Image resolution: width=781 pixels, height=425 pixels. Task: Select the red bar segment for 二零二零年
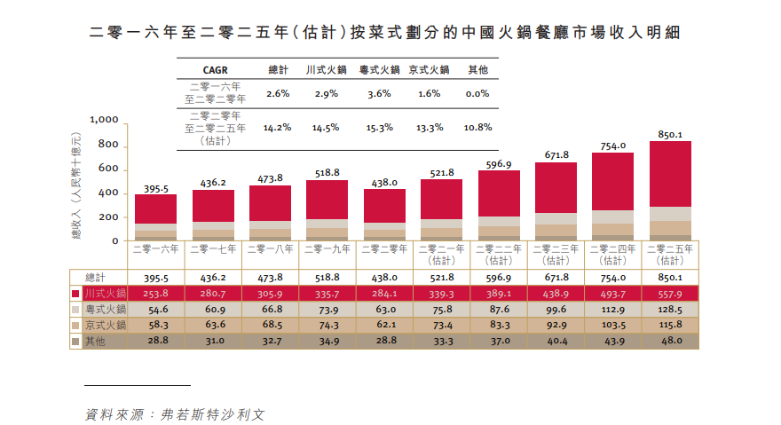tap(384, 206)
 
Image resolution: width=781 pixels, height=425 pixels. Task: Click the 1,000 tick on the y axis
tap(105, 120)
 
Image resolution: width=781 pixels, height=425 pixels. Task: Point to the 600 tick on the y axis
tap(108, 169)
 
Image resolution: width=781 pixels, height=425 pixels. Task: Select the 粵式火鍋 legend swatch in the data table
tap(76, 310)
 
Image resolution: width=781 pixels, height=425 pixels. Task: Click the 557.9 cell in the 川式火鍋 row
tap(669, 293)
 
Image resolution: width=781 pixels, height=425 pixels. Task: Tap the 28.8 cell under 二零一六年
tap(155, 342)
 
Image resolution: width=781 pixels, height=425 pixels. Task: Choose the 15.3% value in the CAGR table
tap(379, 128)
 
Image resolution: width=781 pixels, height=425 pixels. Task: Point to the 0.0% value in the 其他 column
tap(477, 93)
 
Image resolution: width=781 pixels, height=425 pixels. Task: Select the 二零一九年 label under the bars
tap(327, 249)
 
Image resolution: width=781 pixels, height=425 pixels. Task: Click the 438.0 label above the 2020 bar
tap(384, 183)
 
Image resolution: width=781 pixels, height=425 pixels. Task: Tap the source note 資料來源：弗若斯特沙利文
tap(175, 413)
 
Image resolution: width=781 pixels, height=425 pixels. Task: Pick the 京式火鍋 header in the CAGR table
tap(429, 69)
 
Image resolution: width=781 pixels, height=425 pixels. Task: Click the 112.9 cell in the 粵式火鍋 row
tap(612, 310)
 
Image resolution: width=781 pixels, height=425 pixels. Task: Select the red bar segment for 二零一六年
tap(155, 209)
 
